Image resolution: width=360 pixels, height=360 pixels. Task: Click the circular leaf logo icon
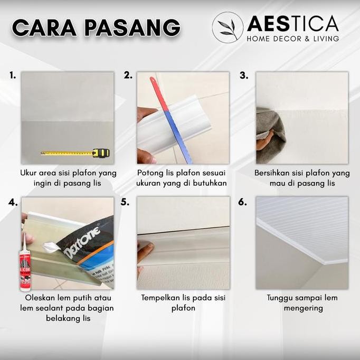(x=228, y=27)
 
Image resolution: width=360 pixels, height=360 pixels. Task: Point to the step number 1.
(x=12, y=75)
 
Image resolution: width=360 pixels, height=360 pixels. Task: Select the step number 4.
(x=13, y=202)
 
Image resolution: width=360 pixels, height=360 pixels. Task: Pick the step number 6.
(x=242, y=202)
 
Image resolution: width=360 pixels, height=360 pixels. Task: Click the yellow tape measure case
(x=100, y=153)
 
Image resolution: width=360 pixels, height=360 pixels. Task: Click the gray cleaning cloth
(x=270, y=135)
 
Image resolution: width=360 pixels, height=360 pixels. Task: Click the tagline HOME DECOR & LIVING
(x=292, y=38)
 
